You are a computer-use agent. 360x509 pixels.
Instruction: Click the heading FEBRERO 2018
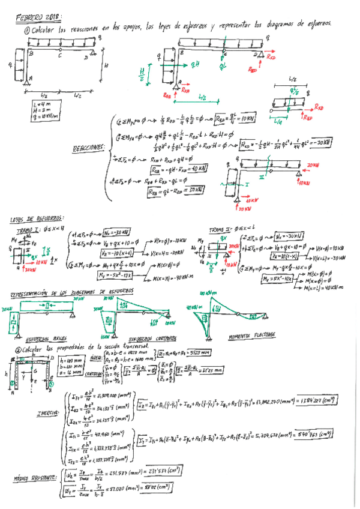(41, 17)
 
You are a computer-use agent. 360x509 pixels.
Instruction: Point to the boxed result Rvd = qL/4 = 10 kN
(230, 118)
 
